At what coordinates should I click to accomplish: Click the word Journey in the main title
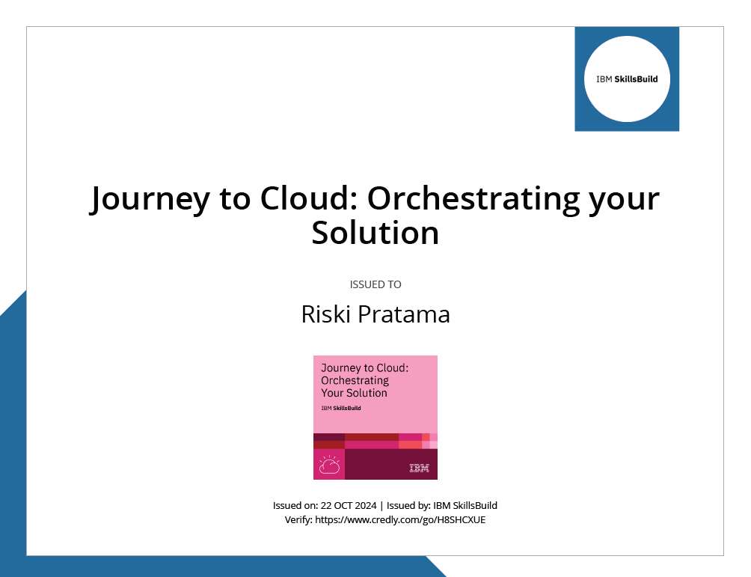point(150,199)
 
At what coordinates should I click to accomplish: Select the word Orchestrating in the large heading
point(473,198)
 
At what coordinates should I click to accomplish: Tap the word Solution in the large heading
point(375,233)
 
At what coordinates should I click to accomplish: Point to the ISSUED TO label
point(375,284)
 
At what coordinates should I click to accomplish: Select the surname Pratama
point(404,315)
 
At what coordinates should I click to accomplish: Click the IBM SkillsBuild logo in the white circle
point(627,79)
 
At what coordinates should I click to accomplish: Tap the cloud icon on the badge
point(330,465)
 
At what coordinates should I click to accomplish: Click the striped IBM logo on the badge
point(420,468)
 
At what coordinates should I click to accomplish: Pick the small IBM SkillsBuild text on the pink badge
point(341,409)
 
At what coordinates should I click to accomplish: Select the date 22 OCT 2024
point(349,506)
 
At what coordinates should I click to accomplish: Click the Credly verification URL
point(400,520)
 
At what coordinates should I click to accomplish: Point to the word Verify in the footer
point(298,520)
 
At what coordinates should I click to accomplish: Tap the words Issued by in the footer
point(408,506)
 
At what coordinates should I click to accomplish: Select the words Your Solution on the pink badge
point(354,393)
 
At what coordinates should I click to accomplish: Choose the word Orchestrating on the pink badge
point(355,380)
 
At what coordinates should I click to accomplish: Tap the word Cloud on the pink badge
point(393,368)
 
